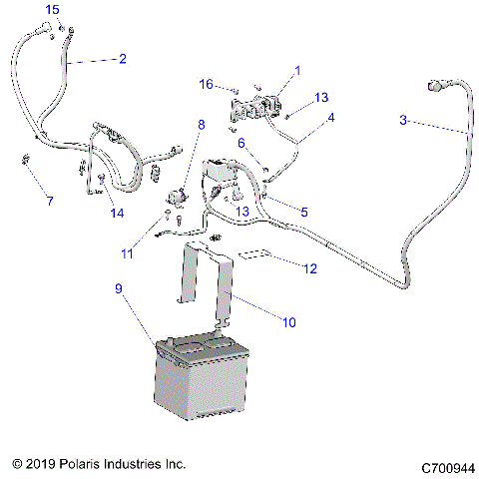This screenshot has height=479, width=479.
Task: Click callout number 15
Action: (x=52, y=10)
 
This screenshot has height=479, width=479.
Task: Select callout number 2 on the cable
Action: (x=122, y=59)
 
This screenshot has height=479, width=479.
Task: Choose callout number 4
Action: (x=331, y=117)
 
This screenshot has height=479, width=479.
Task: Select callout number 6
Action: (x=240, y=143)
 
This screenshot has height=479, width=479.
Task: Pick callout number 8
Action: (x=201, y=125)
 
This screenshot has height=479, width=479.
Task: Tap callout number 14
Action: (x=118, y=214)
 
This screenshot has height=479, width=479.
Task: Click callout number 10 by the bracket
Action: (x=289, y=321)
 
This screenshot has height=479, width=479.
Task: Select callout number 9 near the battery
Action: (x=120, y=289)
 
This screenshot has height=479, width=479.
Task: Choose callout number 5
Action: (x=303, y=211)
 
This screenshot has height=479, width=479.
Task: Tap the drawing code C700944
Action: (x=448, y=465)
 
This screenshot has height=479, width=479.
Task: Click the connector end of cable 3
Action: (x=436, y=88)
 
